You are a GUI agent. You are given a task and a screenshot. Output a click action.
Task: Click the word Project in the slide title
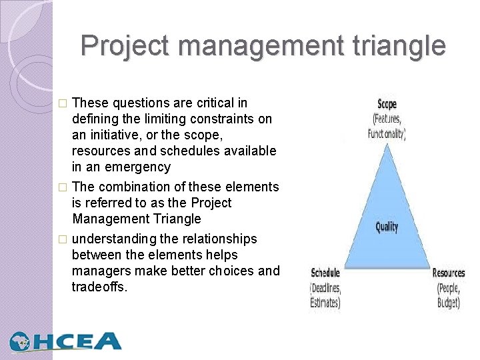(x=125, y=46)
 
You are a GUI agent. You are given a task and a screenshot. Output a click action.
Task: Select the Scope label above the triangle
(x=387, y=104)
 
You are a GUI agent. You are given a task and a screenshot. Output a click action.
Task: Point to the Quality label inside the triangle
(x=387, y=227)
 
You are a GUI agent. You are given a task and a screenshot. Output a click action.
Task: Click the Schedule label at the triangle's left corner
(x=326, y=273)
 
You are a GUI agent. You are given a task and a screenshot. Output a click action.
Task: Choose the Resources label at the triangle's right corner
(x=449, y=273)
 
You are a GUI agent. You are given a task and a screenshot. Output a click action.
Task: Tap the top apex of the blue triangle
(x=387, y=142)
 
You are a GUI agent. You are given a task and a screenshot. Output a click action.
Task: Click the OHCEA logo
(x=65, y=341)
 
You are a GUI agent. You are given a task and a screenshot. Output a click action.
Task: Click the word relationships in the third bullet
(x=217, y=239)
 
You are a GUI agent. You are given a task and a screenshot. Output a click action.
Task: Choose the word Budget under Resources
(x=449, y=303)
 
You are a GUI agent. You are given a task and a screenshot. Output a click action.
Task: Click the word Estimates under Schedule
(x=325, y=303)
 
